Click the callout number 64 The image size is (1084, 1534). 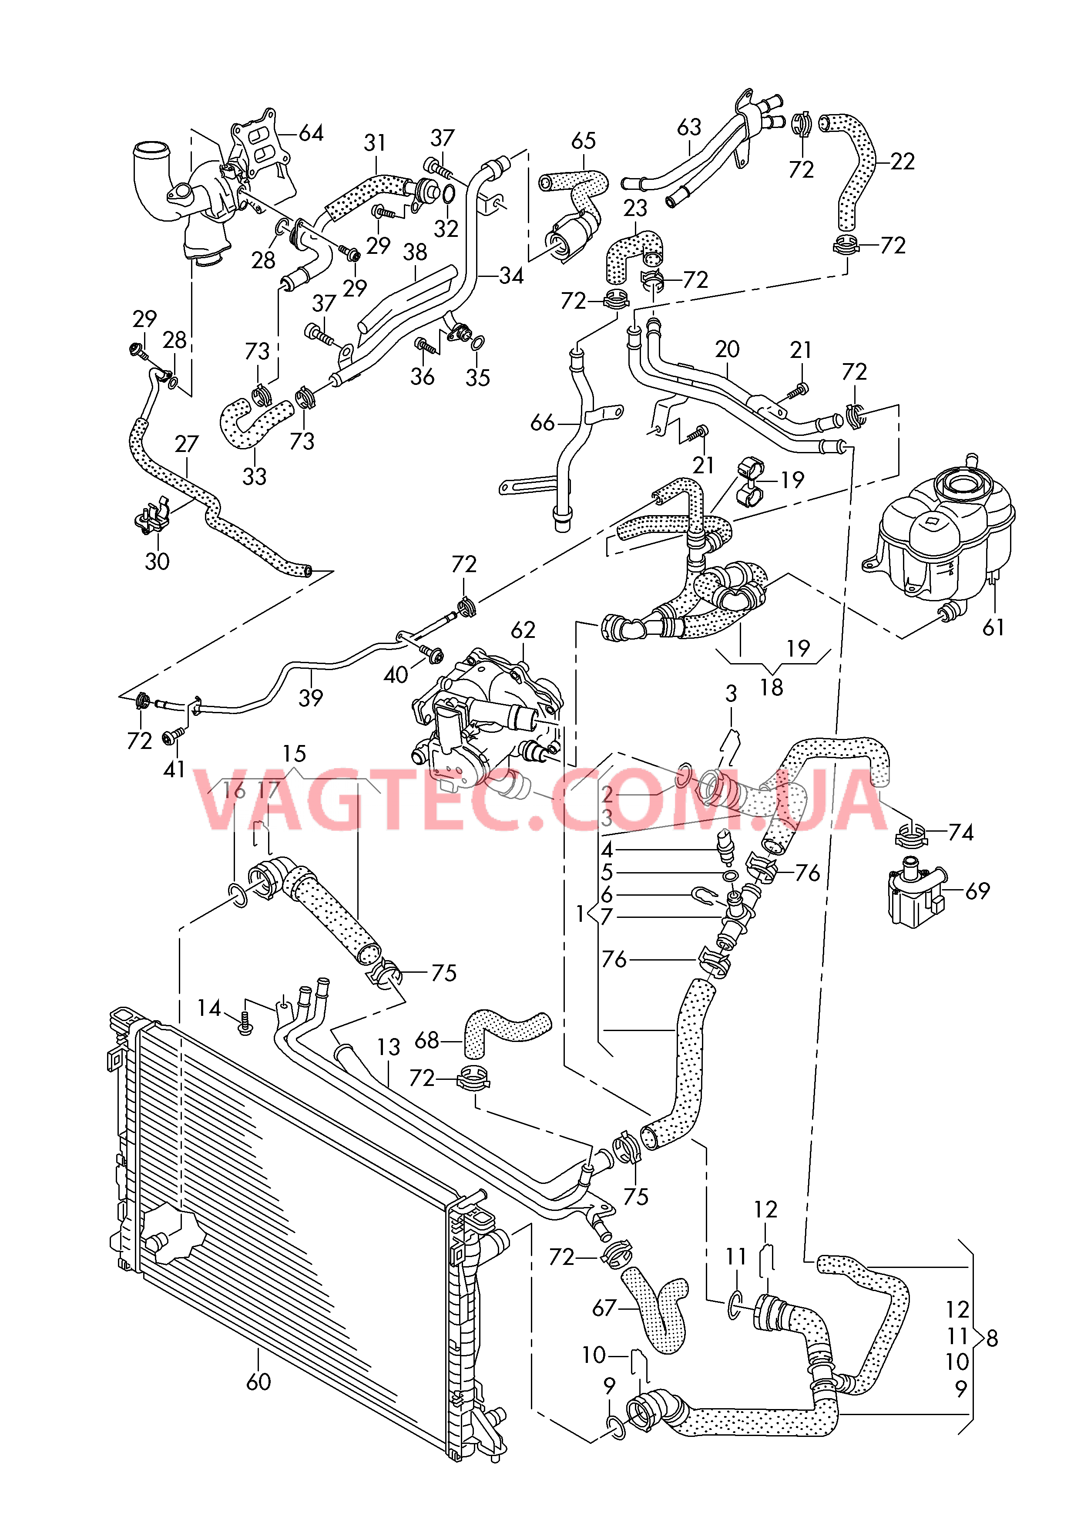[x=311, y=134]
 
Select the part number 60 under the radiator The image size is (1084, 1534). [x=258, y=1382]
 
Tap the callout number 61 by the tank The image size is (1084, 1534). [x=993, y=627]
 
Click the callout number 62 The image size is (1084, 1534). [x=523, y=630]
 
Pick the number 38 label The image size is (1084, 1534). [x=415, y=253]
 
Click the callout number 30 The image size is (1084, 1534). [x=157, y=561]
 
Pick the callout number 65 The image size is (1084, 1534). [x=583, y=141]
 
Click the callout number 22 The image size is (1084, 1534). [x=903, y=162]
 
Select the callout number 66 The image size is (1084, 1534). [x=542, y=422]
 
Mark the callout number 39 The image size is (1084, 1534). [x=311, y=698]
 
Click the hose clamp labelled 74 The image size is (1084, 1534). [x=911, y=834]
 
